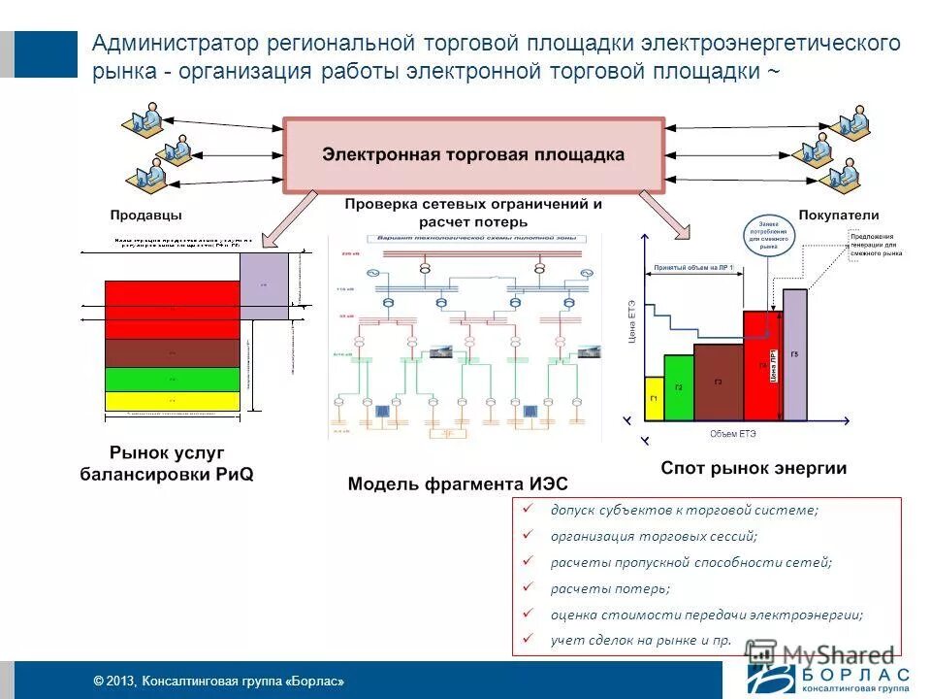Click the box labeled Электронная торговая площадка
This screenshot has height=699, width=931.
coord(473,155)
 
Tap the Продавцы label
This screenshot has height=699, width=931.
coord(145,215)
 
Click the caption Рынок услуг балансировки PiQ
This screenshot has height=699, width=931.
coord(167,463)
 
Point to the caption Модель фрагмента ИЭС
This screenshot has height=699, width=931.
coord(458,483)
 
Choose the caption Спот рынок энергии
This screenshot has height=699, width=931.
coord(754,468)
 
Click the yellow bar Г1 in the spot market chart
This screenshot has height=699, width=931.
coord(654,399)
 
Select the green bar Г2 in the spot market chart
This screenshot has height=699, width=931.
coord(679,388)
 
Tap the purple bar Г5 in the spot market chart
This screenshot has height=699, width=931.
coord(794,355)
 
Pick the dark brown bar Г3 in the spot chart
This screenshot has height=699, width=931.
coord(718,383)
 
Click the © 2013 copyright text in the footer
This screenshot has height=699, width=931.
coord(218,682)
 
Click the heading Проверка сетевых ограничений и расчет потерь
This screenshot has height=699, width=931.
coord(473,213)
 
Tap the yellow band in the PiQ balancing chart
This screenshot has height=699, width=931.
coord(172,401)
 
